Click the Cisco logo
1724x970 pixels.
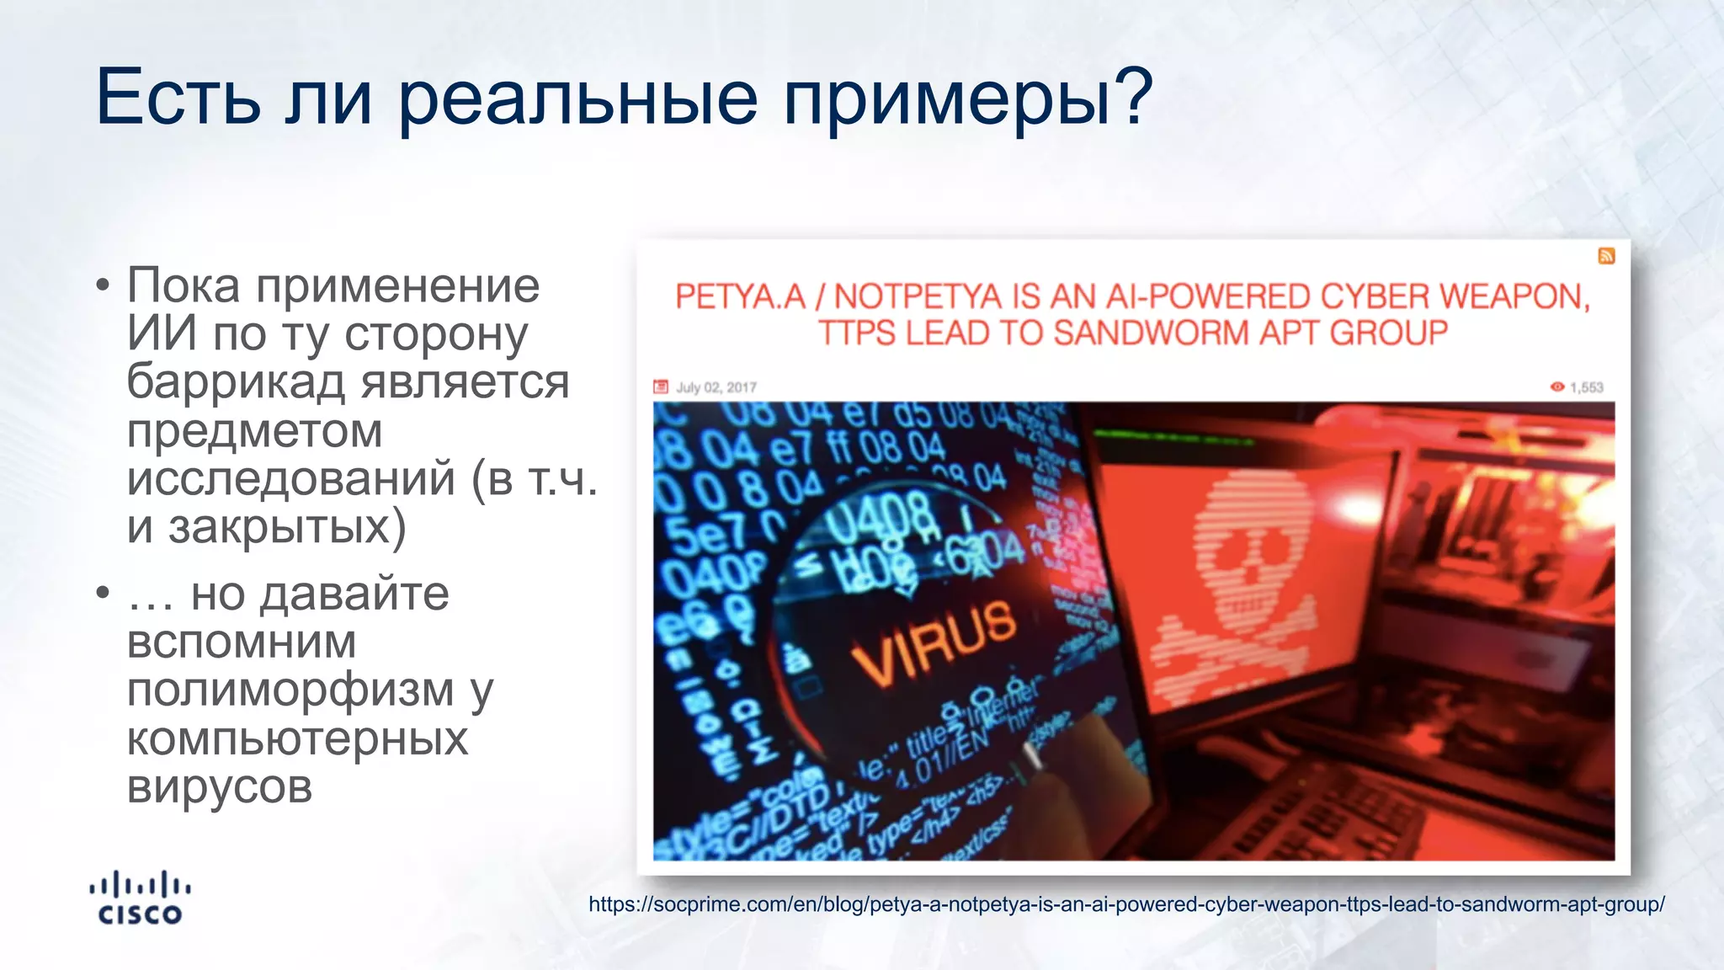pos(140,898)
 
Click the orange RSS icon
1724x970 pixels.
pos(1606,256)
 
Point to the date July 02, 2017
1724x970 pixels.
pos(716,387)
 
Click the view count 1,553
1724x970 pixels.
pos(1586,387)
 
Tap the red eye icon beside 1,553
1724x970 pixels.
pos(1557,386)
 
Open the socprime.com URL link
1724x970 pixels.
pos(1126,904)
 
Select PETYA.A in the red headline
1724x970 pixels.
pos(740,296)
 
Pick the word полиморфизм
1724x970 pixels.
pos(290,690)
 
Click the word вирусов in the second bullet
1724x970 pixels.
pos(220,787)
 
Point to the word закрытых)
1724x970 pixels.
pos(286,528)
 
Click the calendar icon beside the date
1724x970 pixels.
pos(661,387)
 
